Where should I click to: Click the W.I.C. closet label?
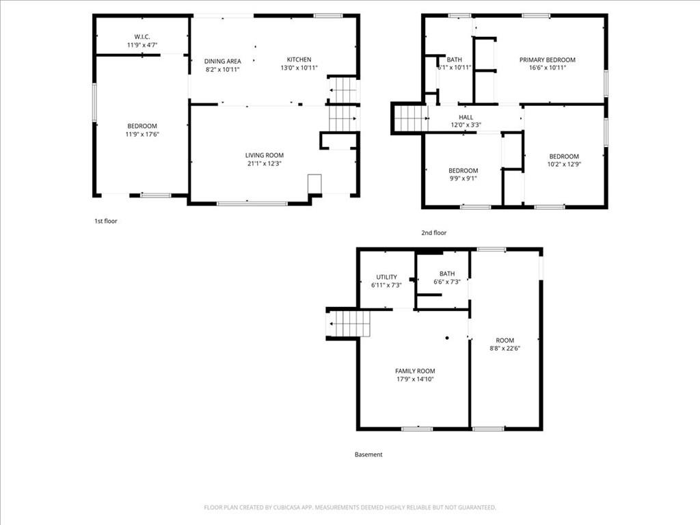click(142, 37)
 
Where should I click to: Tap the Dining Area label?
click(223, 61)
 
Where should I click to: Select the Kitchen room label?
click(299, 59)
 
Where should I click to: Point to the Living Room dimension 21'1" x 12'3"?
click(265, 163)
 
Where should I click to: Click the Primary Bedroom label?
click(548, 60)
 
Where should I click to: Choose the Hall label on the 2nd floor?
click(466, 117)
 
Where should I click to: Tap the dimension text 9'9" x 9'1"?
click(463, 178)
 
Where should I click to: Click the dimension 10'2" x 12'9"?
click(564, 164)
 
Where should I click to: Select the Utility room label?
click(387, 277)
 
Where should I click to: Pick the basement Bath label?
click(447, 273)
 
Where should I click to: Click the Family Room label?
click(415, 371)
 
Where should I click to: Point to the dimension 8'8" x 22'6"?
click(505, 348)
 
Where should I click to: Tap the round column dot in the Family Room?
click(447, 338)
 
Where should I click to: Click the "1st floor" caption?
click(106, 221)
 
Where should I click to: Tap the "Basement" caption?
click(368, 455)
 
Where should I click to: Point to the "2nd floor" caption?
click(434, 232)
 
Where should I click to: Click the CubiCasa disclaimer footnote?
click(350, 507)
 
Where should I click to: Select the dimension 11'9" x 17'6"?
click(142, 134)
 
